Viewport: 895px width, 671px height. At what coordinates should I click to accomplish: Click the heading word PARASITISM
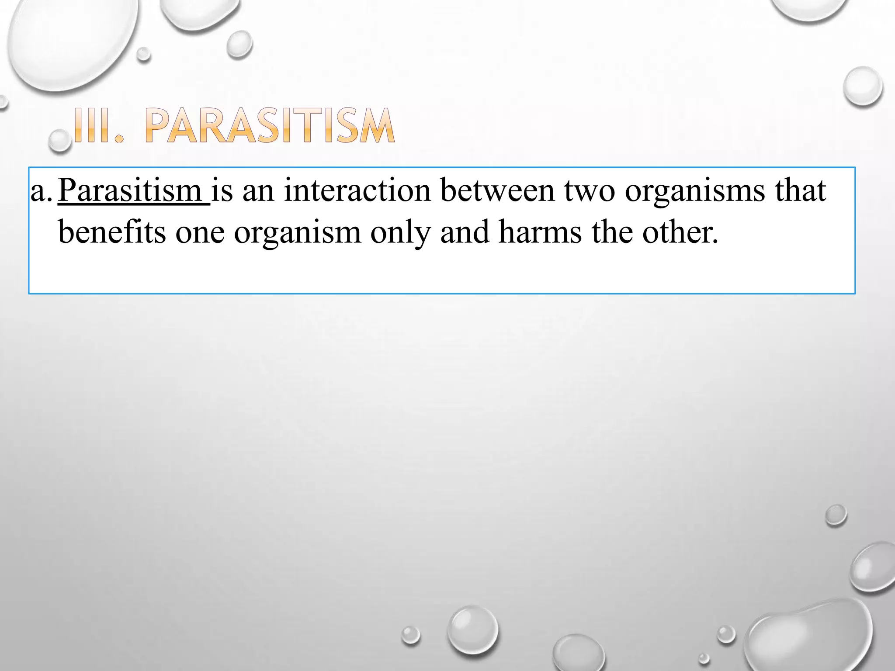tap(270, 126)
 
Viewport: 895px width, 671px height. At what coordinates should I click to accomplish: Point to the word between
tap(497, 190)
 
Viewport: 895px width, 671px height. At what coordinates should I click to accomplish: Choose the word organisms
tap(695, 191)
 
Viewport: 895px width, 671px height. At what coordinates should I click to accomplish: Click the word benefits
tap(112, 232)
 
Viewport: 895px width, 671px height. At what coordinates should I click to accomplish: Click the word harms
tap(540, 232)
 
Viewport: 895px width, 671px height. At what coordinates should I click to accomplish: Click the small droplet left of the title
tap(59, 141)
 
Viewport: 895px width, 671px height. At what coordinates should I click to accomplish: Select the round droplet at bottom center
tap(473, 629)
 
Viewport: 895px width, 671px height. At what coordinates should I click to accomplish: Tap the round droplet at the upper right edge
tap(863, 86)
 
